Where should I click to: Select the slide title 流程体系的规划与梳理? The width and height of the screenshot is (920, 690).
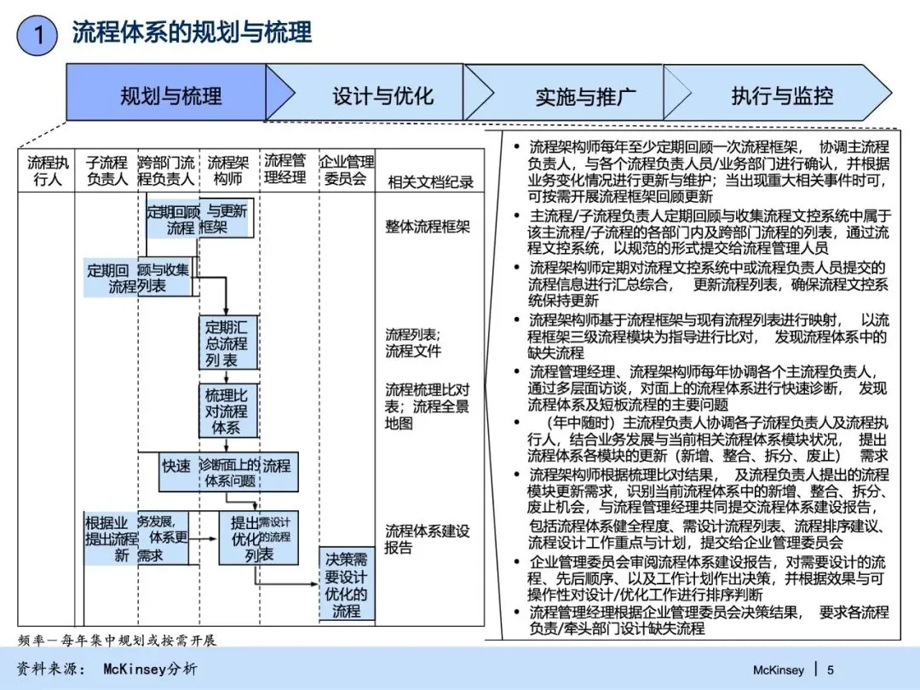click(193, 33)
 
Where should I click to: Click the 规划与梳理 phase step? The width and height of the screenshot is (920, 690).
click(170, 93)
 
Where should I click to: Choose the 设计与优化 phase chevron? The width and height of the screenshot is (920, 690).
click(382, 94)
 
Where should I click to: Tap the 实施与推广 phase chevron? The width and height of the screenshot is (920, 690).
click(585, 95)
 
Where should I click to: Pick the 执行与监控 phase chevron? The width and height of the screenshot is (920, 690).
click(782, 95)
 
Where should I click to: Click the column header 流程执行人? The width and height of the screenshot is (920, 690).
click(48, 170)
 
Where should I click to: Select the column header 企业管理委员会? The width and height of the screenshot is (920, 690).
click(346, 170)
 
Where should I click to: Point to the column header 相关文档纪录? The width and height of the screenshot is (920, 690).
click(430, 181)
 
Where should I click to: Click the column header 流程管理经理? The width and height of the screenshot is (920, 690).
click(285, 169)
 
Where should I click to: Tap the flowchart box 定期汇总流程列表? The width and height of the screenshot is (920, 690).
click(227, 342)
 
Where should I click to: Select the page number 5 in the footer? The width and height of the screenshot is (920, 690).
click(831, 670)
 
